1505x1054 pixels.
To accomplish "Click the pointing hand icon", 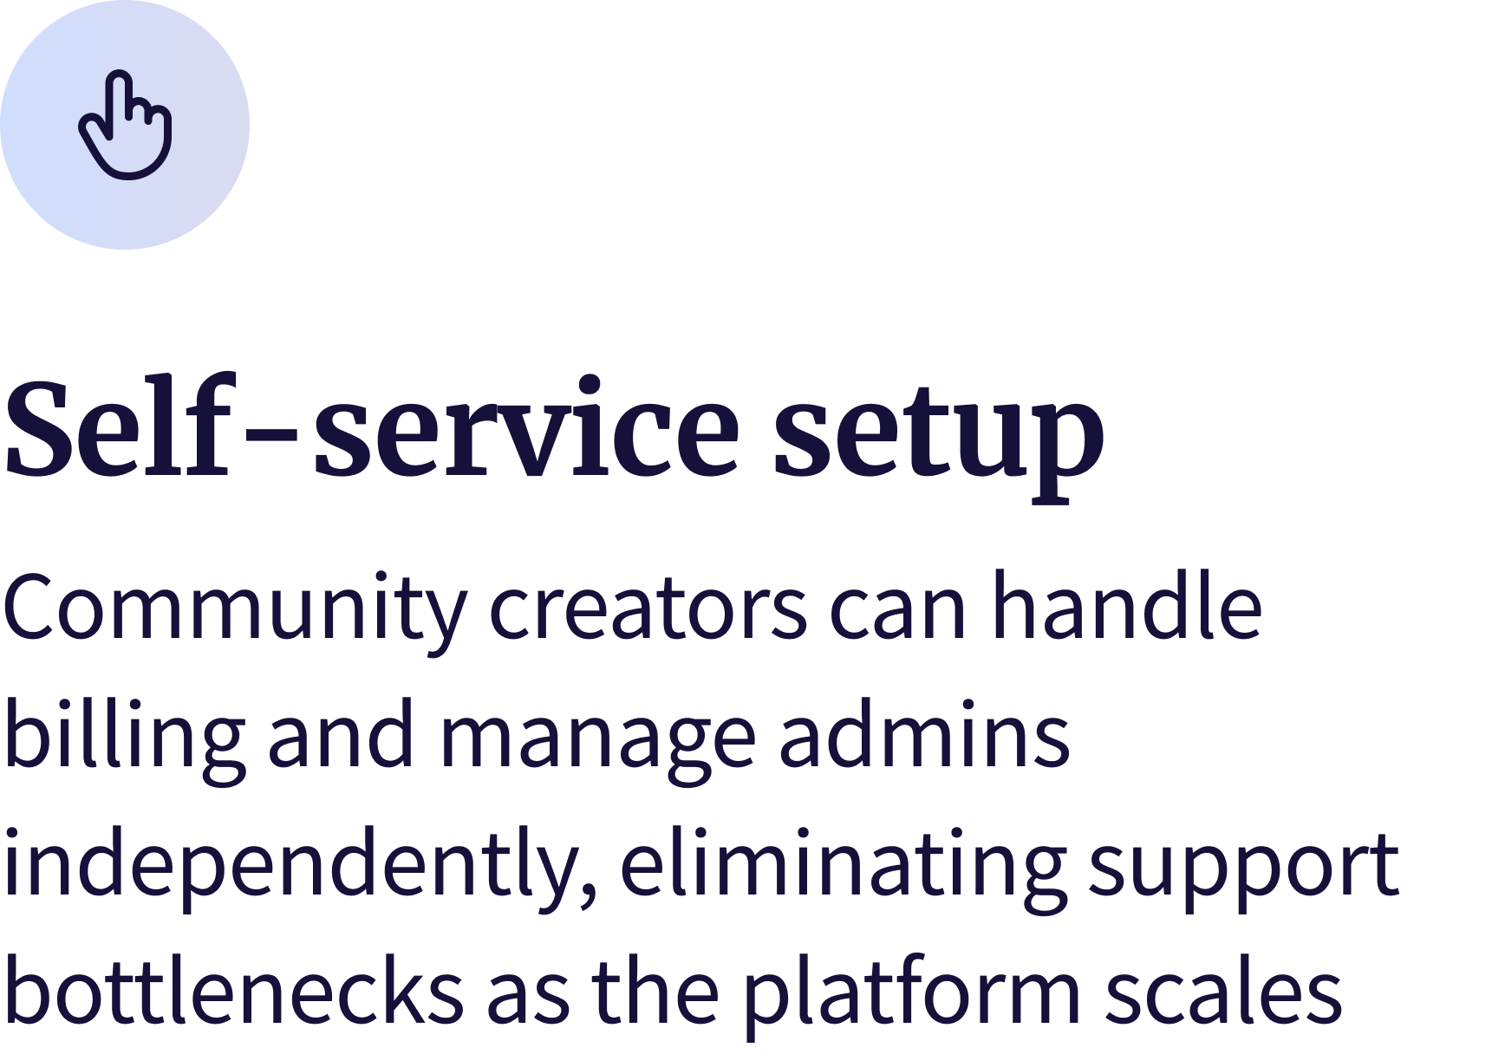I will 126,127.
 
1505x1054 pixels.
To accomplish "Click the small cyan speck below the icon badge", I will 154,250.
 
